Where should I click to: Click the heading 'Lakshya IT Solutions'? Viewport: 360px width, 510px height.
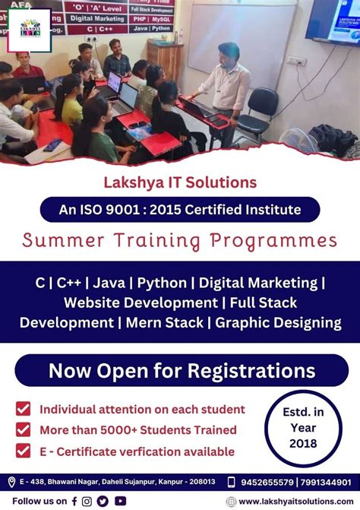click(x=180, y=182)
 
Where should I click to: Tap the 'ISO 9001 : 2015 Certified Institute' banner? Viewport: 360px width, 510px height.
click(x=180, y=209)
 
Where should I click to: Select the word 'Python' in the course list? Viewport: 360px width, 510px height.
click(x=161, y=283)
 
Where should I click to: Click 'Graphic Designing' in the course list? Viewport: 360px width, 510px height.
click(x=278, y=322)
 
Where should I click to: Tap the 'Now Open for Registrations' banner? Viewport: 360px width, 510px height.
click(x=180, y=370)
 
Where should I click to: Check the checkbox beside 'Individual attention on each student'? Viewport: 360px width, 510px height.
click(x=24, y=409)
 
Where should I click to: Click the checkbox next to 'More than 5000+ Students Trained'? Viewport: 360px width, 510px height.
click(x=24, y=429)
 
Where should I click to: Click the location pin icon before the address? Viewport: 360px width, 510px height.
click(x=11, y=482)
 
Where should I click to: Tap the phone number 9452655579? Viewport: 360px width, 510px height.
click(x=267, y=482)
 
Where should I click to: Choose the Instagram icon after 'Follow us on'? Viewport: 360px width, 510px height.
click(x=87, y=501)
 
